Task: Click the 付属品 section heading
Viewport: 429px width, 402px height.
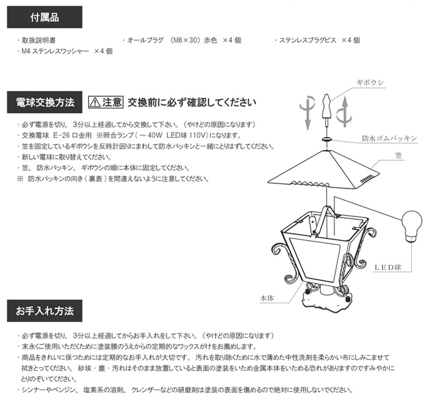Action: point(45,17)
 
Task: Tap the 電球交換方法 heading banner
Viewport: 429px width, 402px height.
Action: point(45,101)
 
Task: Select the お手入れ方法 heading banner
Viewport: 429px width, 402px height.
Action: point(45,311)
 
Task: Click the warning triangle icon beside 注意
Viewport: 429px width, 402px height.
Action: point(95,102)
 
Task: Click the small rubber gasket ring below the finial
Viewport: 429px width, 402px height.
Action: point(326,138)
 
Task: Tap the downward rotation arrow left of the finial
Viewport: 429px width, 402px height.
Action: point(307,110)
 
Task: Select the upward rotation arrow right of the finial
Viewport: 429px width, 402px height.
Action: point(344,110)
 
